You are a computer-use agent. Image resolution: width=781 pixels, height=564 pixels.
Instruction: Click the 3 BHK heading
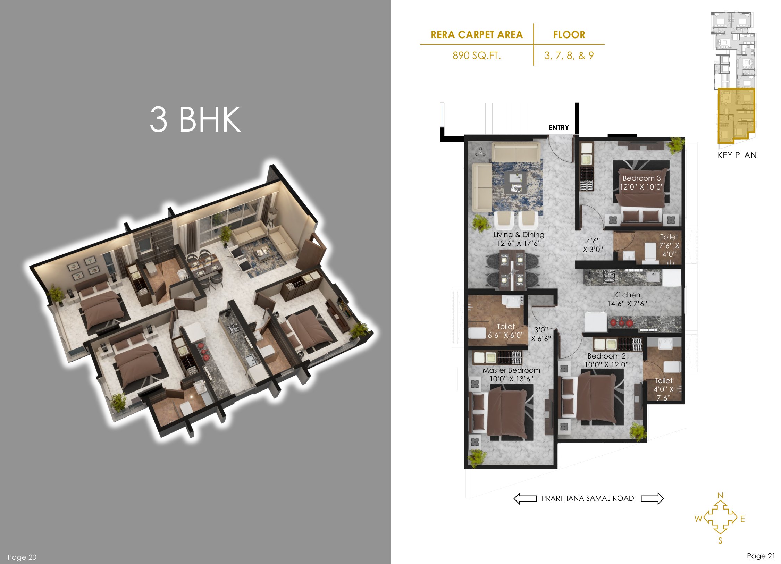pyautogui.click(x=195, y=119)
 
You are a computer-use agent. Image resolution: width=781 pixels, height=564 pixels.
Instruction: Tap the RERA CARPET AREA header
pyautogui.click(x=477, y=35)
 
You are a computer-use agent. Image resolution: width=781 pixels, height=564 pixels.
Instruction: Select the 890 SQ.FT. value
pyautogui.click(x=477, y=56)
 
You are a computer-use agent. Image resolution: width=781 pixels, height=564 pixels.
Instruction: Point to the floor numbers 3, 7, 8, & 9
pyautogui.click(x=569, y=56)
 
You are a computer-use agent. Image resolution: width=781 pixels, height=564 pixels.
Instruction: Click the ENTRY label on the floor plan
pyautogui.click(x=559, y=128)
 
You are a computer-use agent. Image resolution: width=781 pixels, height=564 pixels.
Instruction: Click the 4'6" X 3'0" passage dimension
pyautogui.click(x=593, y=245)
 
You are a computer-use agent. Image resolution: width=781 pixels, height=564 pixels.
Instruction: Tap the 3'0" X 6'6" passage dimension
pyautogui.click(x=541, y=334)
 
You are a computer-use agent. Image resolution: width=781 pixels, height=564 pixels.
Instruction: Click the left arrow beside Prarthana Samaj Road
pyautogui.click(x=525, y=498)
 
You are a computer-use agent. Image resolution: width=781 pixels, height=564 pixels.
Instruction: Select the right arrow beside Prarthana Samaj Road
pyautogui.click(x=652, y=498)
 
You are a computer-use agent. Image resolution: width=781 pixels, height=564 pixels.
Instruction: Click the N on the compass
pyautogui.click(x=720, y=495)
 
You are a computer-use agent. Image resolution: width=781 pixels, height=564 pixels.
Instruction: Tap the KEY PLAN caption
pyautogui.click(x=737, y=155)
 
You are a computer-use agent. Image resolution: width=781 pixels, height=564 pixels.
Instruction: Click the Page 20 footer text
pyautogui.click(x=22, y=557)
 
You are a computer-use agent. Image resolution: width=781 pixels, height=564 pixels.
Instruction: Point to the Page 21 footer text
pyautogui.click(x=761, y=556)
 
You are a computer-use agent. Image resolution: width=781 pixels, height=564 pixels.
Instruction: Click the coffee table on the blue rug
pyautogui.click(x=516, y=183)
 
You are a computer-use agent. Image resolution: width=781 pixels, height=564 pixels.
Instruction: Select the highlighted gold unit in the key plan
pyautogui.click(x=736, y=115)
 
